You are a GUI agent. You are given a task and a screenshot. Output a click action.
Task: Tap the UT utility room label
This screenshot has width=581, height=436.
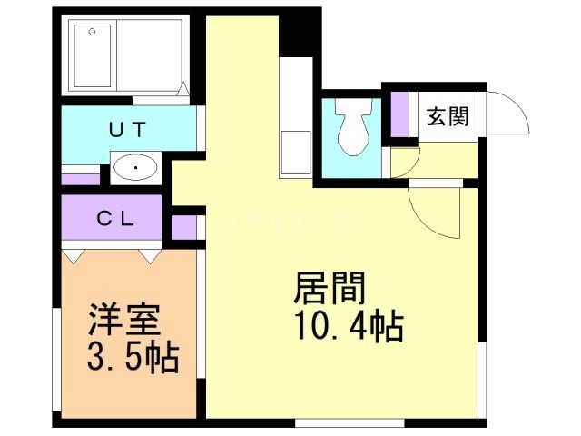point(128,130)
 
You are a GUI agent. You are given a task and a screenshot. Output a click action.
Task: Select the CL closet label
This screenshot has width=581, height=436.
point(117,218)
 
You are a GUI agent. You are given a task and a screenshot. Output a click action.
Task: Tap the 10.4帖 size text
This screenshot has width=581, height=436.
point(348,326)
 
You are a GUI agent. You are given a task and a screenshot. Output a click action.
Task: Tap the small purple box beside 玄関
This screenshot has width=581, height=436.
point(400,113)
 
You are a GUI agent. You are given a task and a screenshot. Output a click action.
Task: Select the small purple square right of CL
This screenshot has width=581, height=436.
point(184,225)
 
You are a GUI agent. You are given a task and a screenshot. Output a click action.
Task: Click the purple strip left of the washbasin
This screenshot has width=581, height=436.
point(81,178)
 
